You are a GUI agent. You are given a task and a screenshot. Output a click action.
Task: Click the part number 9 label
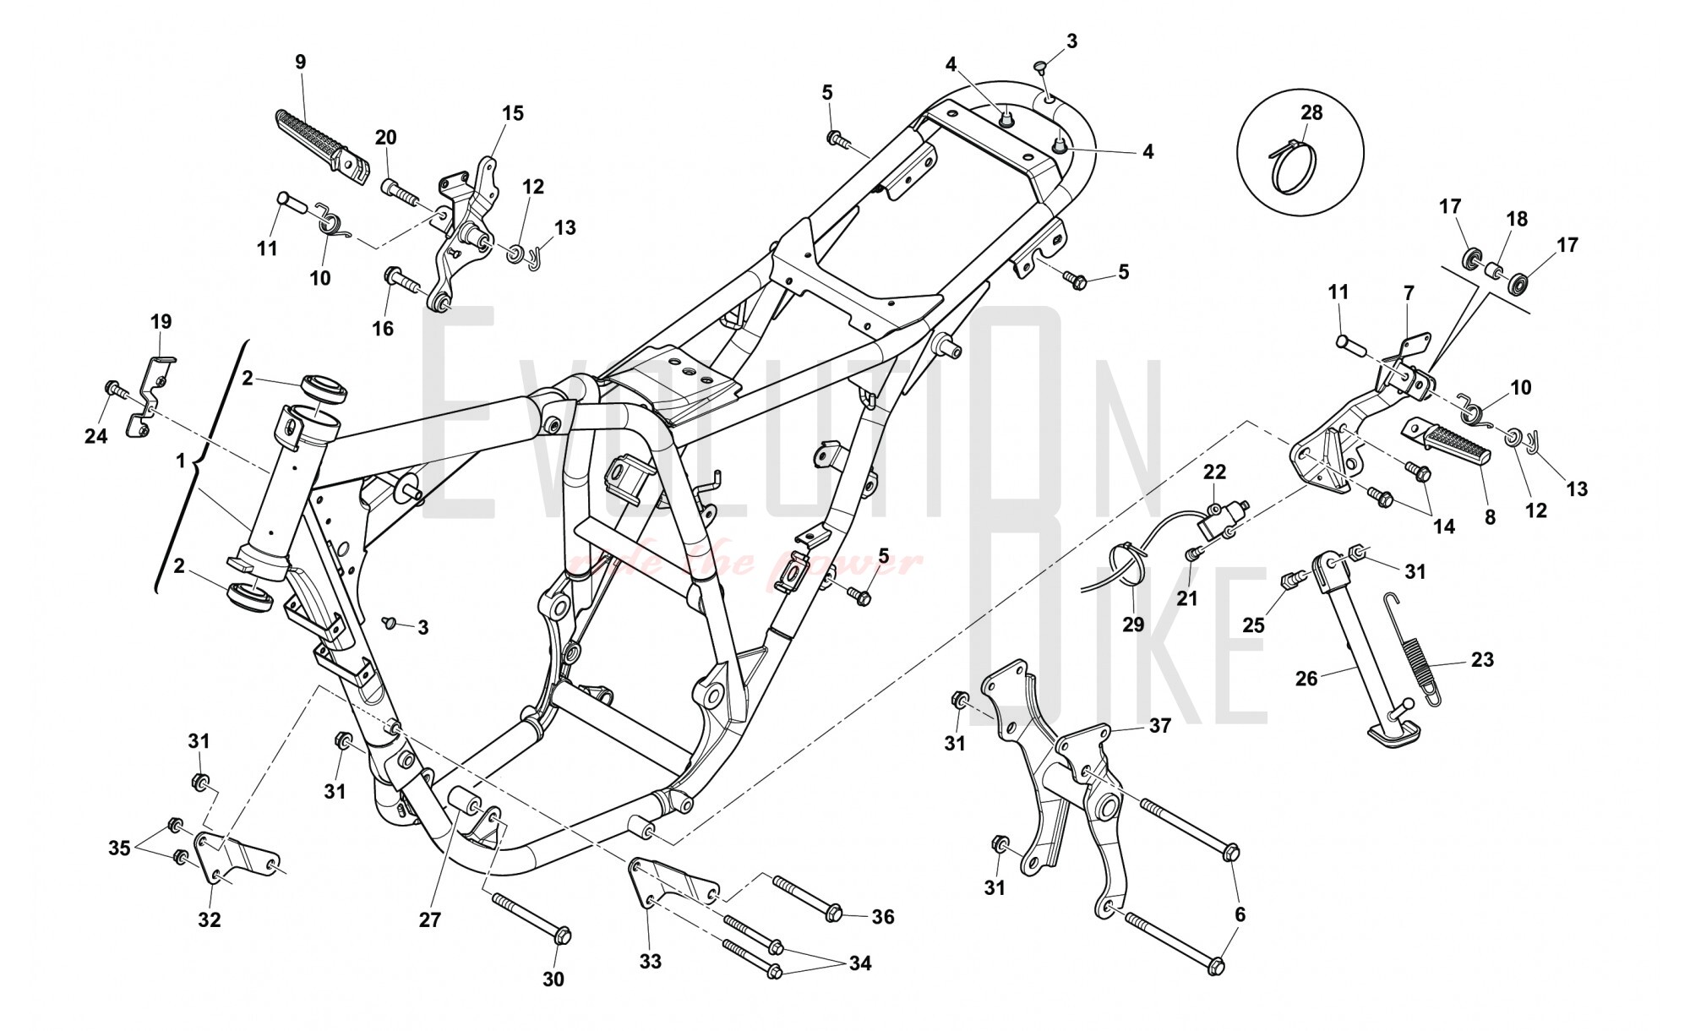301,62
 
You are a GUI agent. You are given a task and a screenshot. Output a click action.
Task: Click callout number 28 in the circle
1311,113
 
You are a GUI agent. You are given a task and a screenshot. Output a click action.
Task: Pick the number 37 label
1160,725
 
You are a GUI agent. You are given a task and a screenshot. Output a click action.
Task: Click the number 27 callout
430,919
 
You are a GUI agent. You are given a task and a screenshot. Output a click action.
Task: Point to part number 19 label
161,321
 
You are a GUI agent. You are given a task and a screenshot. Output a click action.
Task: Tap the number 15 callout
513,113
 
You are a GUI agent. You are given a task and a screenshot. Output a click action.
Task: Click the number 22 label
1214,471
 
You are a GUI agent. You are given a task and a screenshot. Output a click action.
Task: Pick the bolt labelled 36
807,902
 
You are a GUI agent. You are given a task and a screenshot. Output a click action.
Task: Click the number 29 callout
1132,624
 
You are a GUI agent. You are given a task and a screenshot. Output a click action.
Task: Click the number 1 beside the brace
180,461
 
